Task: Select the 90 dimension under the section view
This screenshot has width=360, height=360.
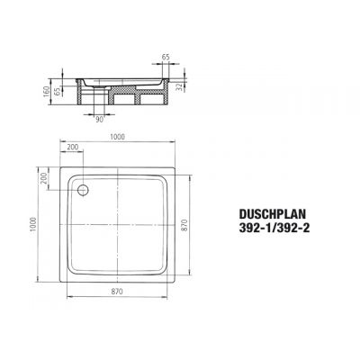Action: (x=101, y=118)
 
